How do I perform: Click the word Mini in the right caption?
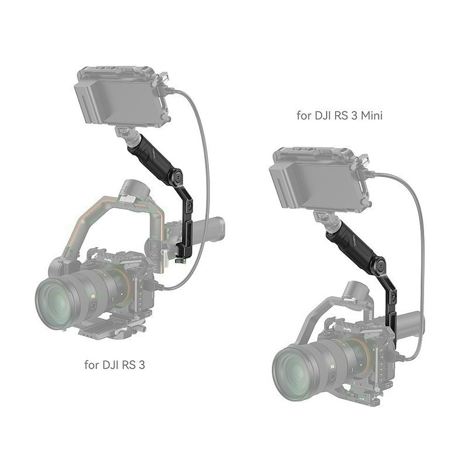371,115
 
